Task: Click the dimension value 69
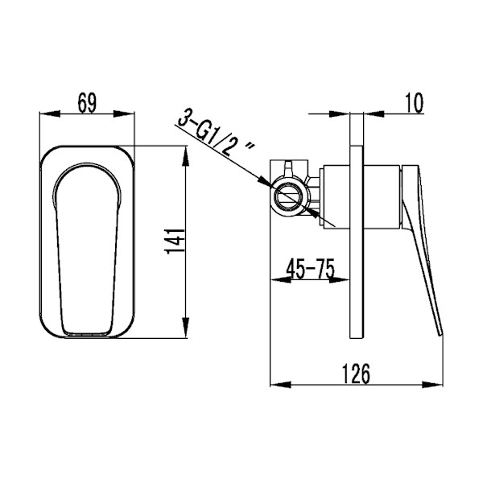point(87,103)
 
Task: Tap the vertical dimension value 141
point(175,242)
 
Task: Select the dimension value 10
point(415,103)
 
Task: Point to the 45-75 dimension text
point(310,268)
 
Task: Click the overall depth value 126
point(356,374)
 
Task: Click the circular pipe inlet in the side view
point(289,196)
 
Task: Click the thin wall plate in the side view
point(357,242)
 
